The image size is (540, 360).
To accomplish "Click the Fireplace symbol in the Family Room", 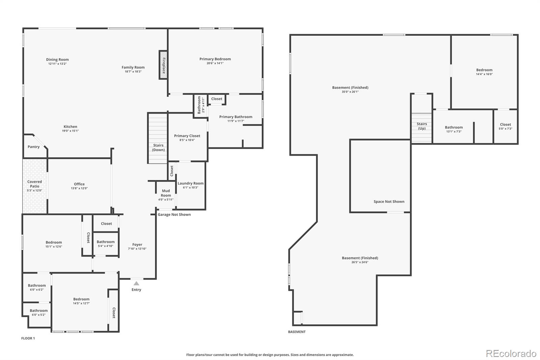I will point(163,65).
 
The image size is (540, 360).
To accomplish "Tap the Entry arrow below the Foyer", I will point(136,284).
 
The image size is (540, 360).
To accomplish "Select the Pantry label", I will point(33,147).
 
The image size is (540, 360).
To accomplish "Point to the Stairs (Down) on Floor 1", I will point(158,138).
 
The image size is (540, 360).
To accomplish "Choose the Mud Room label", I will point(166,193).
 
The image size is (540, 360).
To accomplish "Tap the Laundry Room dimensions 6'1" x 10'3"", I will point(191,188).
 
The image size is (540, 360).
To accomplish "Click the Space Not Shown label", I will point(389,202).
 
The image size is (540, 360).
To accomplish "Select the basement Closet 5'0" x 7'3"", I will point(505,126).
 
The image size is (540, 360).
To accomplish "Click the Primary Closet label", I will point(187,136).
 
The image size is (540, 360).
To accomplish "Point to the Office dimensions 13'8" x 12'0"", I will point(79,188).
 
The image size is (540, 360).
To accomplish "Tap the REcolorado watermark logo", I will point(511,354).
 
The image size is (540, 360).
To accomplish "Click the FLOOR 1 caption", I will point(28,338).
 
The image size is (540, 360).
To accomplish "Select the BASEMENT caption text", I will point(297,332).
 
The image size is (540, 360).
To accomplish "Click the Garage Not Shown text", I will point(174,215).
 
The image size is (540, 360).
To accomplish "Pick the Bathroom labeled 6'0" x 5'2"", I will point(38,312).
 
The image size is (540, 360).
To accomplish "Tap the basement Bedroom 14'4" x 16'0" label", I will point(484,72).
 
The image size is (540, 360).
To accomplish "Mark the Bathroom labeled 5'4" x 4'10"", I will point(106,243).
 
